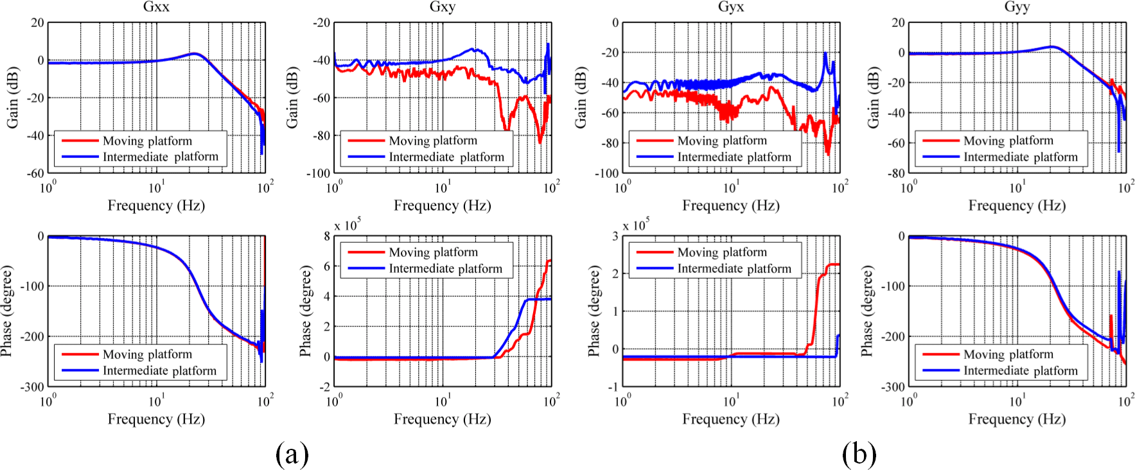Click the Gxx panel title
click(x=156, y=7)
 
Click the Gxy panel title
click(x=443, y=7)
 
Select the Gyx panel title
click(x=731, y=7)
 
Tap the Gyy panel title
click(x=1017, y=7)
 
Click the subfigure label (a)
click(x=292, y=454)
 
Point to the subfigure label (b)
click(x=859, y=454)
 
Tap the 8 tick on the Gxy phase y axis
click(x=327, y=236)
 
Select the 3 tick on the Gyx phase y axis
click(x=615, y=236)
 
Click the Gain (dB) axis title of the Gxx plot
click(x=12, y=98)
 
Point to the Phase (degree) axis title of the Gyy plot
click(x=867, y=311)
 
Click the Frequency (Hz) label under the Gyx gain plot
click(x=731, y=205)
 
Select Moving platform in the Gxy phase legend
click(x=433, y=252)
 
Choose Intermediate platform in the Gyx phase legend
click(x=734, y=269)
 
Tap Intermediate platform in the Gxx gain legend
click(x=161, y=157)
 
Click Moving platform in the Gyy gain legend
click(x=1008, y=141)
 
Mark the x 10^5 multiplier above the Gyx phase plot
click(x=636, y=225)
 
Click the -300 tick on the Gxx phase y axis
click(x=31, y=387)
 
